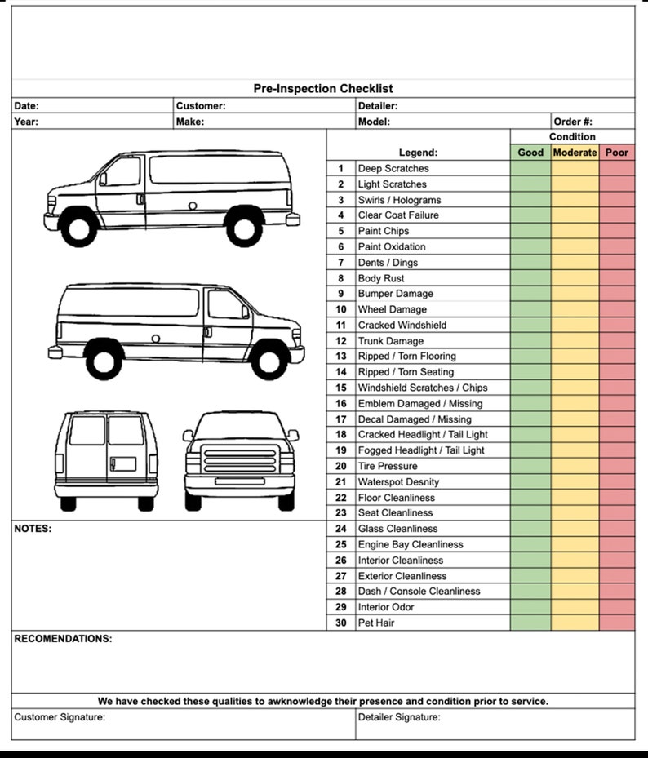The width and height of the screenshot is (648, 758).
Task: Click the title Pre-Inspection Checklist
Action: click(323, 89)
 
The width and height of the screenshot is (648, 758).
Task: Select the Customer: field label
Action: click(201, 105)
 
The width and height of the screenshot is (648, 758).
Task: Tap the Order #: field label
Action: click(573, 122)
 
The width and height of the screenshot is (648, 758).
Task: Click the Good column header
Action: click(530, 153)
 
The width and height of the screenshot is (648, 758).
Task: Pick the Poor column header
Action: click(617, 153)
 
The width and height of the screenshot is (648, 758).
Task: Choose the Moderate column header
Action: click(575, 153)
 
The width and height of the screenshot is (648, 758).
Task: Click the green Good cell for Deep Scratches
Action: click(530, 168)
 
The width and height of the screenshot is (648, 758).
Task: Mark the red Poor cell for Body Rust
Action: click(617, 278)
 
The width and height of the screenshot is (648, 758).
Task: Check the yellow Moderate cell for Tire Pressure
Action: click(575, 466)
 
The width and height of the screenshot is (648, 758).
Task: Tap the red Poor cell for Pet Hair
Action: click(617, 623)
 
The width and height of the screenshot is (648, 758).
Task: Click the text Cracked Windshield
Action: click(402, 325)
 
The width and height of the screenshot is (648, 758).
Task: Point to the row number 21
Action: click(341, 481)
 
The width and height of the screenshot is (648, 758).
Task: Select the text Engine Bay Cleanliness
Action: click(411, 544)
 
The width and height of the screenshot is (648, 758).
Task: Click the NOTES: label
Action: click(33, 529)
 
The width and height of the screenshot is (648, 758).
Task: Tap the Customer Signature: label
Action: click(60, 718)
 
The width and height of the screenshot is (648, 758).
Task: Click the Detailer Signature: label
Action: click(399, 718)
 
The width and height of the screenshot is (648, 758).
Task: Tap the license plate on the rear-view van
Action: click(123, 464)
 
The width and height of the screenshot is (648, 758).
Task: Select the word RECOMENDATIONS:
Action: click(64, 639)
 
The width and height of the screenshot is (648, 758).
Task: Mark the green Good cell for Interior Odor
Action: click(530, 607)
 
